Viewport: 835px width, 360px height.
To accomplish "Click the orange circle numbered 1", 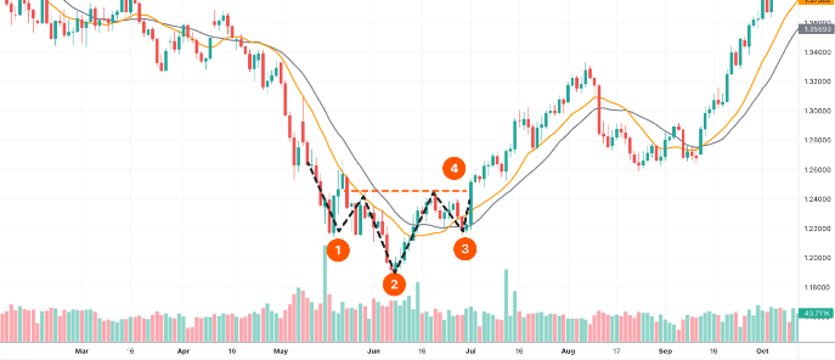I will [338, 249].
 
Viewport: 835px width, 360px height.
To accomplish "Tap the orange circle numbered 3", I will [465, 249].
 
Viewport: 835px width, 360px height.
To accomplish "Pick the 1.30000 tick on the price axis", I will [816, 111].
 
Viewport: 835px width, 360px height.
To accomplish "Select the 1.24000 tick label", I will [816, 199].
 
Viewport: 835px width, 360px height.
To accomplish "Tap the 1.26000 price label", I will [816, 170].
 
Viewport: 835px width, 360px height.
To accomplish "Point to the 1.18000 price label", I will [816, 287].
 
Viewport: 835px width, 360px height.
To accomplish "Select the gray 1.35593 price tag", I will [817, 30].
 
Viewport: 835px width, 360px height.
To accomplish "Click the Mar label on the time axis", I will [81, 351].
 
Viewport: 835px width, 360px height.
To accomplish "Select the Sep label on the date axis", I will [665, 351].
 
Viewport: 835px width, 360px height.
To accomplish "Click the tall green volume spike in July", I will [506, 304].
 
